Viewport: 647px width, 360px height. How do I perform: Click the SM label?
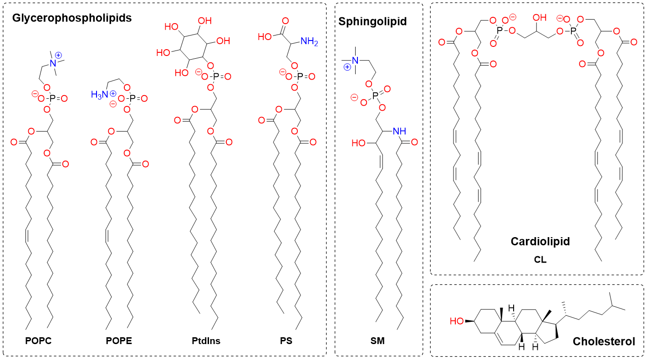pyautogui.click(x=378, y=341)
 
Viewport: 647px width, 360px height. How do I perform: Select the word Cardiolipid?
pyautogui.click(x=540, y=241)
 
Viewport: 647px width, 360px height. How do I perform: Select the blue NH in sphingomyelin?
pyautogui.click(x=398, y=131)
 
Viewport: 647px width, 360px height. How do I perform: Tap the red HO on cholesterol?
pyautogui.click(x=457, y=321)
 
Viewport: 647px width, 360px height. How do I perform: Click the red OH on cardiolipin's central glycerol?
pyautogui.click(x=539, y=18)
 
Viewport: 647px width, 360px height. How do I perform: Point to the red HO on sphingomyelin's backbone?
pyautogui.click(x=359, y=143)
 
